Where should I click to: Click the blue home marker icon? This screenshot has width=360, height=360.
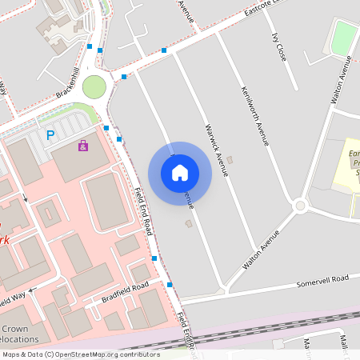coord(180,173)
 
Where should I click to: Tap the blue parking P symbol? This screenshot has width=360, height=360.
coord(50,136)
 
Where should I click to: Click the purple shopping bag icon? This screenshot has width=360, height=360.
coord(83,146)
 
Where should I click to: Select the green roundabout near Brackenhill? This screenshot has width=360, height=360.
coord(94,86)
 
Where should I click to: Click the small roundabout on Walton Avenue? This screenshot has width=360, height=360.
coord(301,206)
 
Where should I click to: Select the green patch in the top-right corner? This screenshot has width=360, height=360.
coord(344,38)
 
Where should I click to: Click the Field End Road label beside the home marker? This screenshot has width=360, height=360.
coord(143,211)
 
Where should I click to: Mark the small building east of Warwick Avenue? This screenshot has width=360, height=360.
coord(230,160)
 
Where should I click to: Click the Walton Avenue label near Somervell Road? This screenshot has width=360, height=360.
coord(262,249)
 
